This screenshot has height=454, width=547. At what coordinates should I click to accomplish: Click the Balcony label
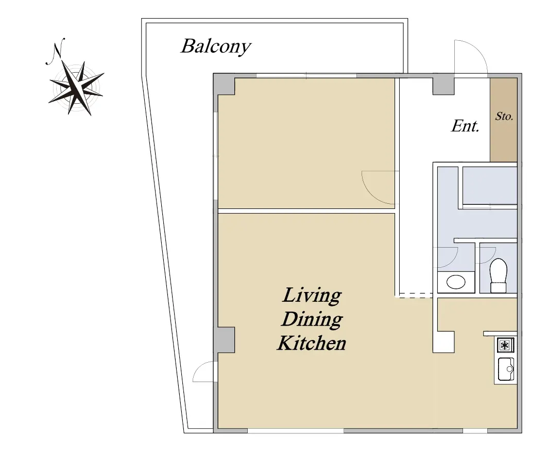point(216,46)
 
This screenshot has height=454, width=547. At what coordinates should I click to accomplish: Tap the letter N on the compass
point(56,52)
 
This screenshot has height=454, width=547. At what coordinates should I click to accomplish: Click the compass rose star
point(76,87)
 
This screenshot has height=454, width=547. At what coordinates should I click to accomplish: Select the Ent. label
point(465,126)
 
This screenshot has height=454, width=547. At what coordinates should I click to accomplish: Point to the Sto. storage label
point(504,116)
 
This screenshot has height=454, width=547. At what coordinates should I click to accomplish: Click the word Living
point(312,296)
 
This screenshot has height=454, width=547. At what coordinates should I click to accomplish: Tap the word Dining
point(312,319)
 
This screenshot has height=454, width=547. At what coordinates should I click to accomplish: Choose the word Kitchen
point(312,343)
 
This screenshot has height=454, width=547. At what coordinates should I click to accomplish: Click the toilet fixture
point(498,275)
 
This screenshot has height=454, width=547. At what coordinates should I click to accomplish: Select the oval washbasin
point(456,282)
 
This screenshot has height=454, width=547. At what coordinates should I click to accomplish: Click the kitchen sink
point(506,369)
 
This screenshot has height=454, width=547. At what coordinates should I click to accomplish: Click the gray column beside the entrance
point(444,86)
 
